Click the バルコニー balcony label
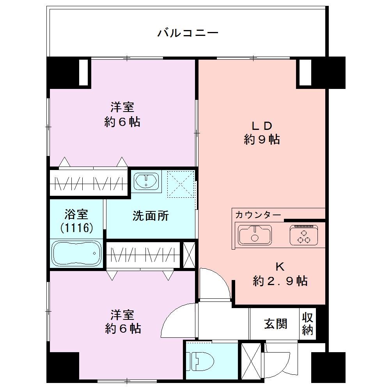[x=188, y=33]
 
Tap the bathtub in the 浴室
[x=77, y=253]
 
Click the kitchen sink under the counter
[x=255, y=235]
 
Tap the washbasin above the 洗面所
[x=146, y=181]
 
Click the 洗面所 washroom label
[x=151, y=216]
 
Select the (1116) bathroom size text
[x=76, y=227]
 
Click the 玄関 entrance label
[x=276, y=324]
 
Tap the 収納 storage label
[x=307, y=324]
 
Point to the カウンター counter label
[x=258, y=215]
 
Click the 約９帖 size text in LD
[x=262, y=139]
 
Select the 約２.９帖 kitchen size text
[x=280, y=281]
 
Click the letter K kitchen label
[x=280, y=267]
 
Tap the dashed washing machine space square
[x=180, y=184]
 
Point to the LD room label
[x=262, y=126]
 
